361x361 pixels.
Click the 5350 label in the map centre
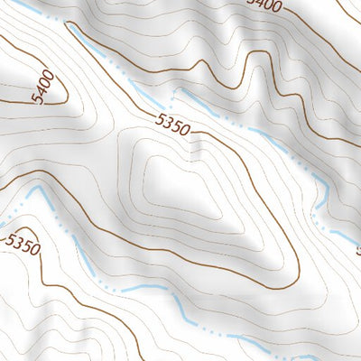172,125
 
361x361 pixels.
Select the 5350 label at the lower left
22,245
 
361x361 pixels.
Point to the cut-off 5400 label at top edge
264,5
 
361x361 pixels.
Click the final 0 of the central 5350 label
185,131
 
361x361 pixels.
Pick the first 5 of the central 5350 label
159,118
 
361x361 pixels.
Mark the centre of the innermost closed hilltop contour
180,185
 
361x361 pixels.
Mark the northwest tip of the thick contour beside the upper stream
70,25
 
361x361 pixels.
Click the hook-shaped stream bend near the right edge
320,194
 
